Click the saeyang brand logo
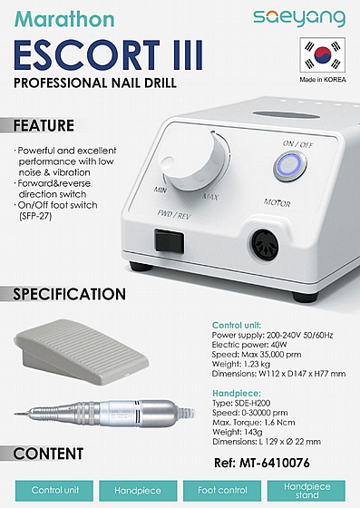[299, 18]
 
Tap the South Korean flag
[323, 54]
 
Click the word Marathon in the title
[64, 19]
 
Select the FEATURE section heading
[44, 126]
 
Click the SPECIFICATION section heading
[69, 294]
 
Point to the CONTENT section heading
[48, 454]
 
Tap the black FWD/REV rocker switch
[169, 240]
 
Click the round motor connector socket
[265, 245]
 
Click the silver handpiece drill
[105, 413]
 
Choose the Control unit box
[54, 491]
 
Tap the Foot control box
[222, 491]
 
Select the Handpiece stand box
[306, 491]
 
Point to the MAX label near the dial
[210, 197]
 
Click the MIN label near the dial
[161, 190]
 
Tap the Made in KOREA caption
[323, 80]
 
